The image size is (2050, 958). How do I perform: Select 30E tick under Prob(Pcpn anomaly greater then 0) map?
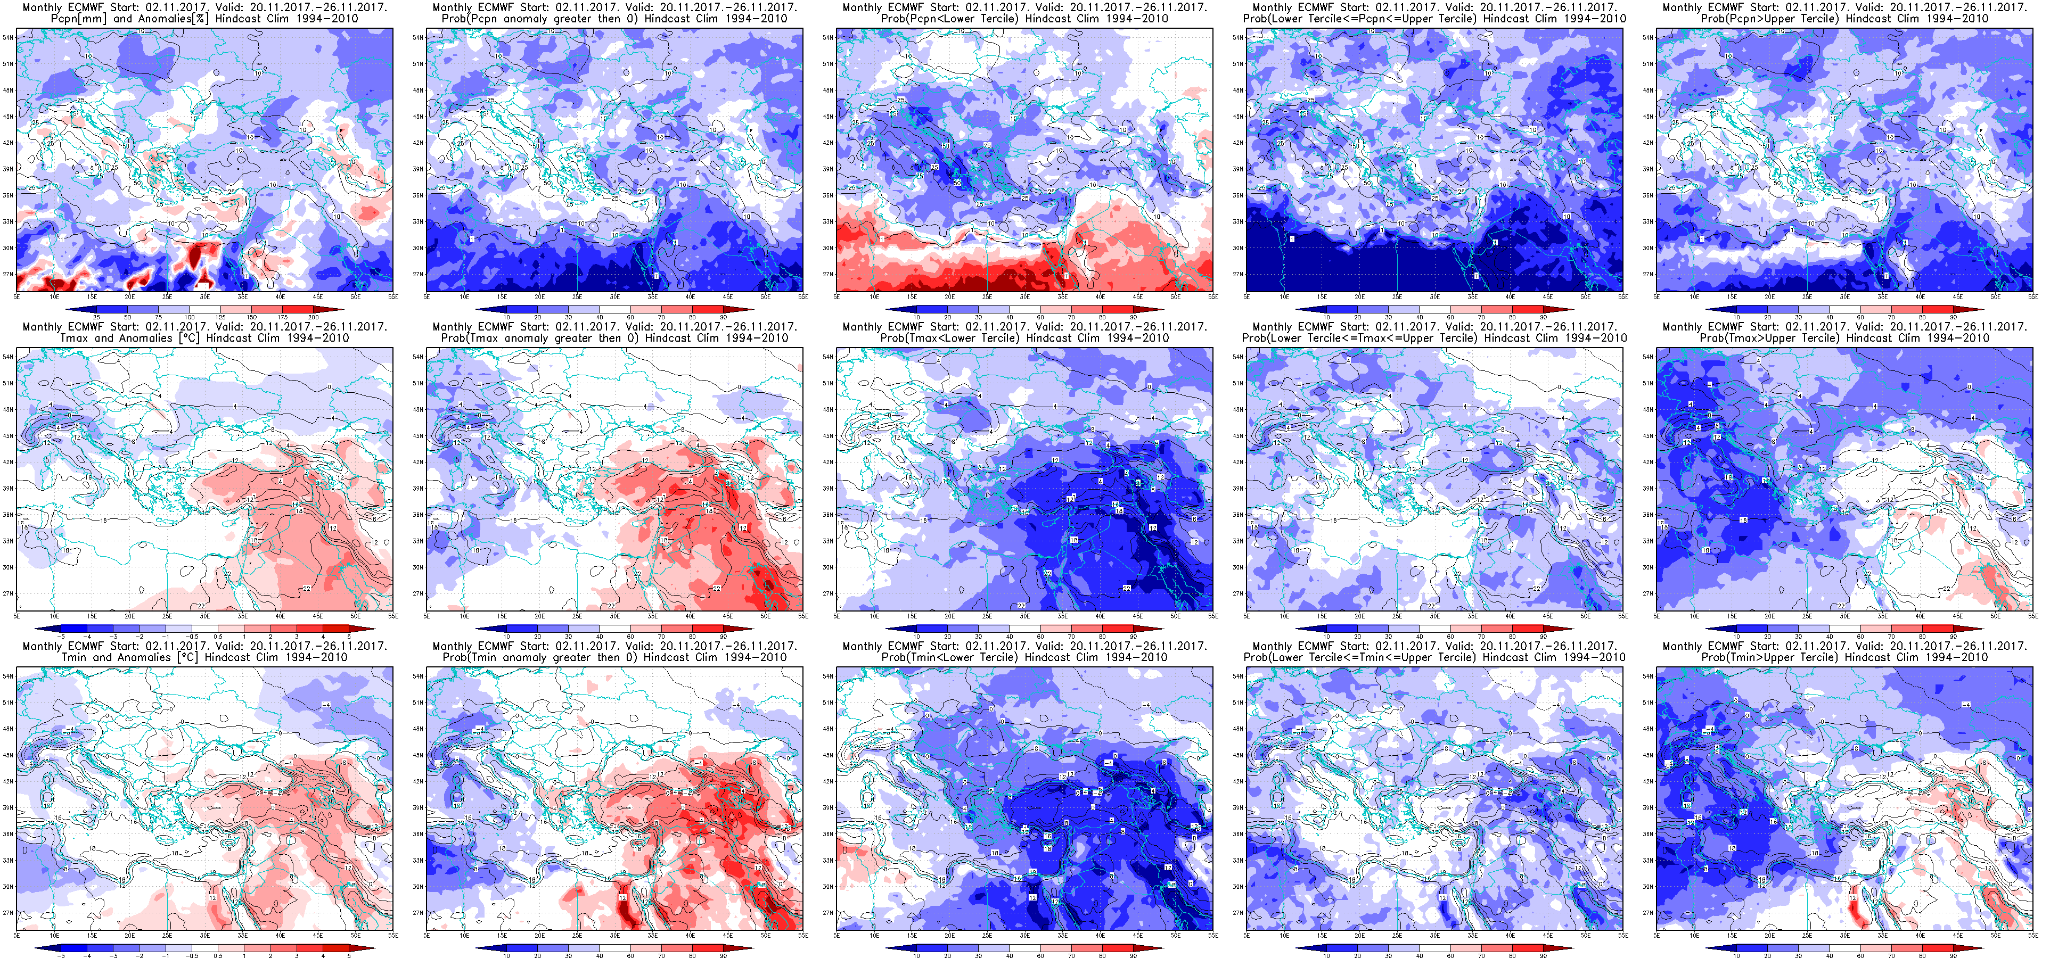[x=615, y=297]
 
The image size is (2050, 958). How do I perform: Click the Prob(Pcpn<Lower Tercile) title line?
[x=1024, y=18]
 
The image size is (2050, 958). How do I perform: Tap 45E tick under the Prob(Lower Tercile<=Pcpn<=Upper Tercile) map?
[x=1548, y=297]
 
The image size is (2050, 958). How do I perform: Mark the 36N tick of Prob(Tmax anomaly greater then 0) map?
[x=418, y=515]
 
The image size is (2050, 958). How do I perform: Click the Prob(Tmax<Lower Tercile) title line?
[x=1024, y=338]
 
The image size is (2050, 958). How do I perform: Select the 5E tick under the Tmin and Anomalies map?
[x=17, y=936]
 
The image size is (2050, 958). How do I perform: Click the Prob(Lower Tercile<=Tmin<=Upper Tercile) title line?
[x=1434, y=657]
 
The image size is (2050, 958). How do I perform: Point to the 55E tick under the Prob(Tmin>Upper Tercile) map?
[x=2032, y=936]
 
